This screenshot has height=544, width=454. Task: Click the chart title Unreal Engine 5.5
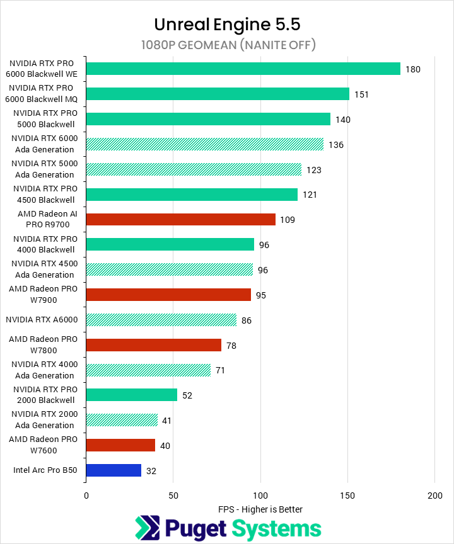coord(227,25)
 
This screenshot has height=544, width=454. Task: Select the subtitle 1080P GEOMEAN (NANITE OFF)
coord(227,45)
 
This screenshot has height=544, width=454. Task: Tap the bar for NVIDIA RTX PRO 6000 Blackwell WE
coord(243,69)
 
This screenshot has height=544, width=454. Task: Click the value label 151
coord(361,94)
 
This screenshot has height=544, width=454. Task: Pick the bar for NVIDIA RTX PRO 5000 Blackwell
coord(208,119)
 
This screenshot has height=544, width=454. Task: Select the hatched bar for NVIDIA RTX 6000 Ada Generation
coord(204,144)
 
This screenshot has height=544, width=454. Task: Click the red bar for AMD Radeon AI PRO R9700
coord(180,219)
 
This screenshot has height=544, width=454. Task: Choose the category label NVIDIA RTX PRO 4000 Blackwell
coord(44,244)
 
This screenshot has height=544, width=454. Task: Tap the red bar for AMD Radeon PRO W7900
coord(168,295)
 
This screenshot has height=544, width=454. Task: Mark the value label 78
coord(231,345)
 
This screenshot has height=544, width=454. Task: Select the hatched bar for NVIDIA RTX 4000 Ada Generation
coord(148,370)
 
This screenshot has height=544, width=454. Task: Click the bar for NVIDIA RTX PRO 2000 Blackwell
coord(131,395)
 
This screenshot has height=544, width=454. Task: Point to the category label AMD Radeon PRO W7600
coord(44,445)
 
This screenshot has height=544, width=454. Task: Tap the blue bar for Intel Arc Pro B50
coord(113,470)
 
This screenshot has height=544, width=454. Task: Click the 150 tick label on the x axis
coord(347,496)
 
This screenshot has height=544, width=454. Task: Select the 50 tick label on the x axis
coord(173,496)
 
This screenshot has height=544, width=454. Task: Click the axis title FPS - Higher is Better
coord(260,509)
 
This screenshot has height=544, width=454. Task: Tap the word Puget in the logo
coord(195,528)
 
